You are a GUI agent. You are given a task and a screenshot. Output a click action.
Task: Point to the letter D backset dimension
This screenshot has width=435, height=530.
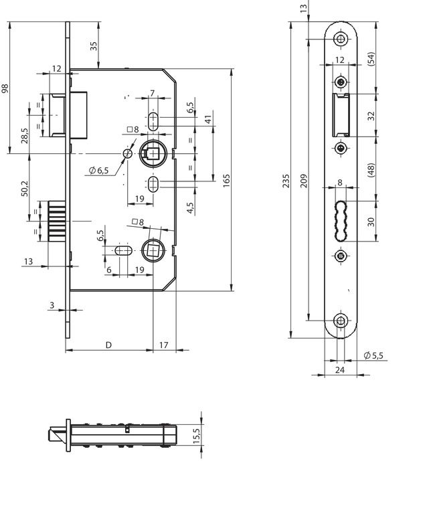click(108, 345)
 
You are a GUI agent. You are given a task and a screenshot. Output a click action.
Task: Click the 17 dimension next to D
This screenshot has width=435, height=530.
click(165, 345)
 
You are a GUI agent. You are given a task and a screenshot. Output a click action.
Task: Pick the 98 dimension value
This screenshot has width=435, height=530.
click(6, 88)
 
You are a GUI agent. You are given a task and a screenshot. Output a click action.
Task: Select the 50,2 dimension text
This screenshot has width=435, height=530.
click(24, 188)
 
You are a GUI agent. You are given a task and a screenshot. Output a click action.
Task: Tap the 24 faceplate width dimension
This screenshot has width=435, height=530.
click(339, 369)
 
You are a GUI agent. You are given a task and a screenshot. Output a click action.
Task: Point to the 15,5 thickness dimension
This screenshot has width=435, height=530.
click(196, 435)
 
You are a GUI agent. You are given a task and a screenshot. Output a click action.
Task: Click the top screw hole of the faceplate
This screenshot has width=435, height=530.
click(341, 39)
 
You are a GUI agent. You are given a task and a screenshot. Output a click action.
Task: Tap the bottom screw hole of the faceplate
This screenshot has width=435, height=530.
click(341, 321)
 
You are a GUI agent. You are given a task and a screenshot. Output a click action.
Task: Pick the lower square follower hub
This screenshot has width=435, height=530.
click(152, 249)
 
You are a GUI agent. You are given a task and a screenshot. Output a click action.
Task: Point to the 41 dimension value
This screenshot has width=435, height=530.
click(208, 118)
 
